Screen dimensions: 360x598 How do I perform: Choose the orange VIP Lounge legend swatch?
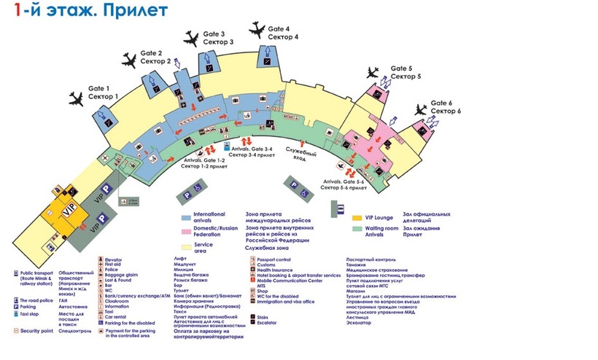click(x=357, y=217)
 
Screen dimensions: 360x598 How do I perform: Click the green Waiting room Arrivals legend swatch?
click(x=357, y=229)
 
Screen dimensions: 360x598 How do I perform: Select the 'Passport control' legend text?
click(x=273, y=259)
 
